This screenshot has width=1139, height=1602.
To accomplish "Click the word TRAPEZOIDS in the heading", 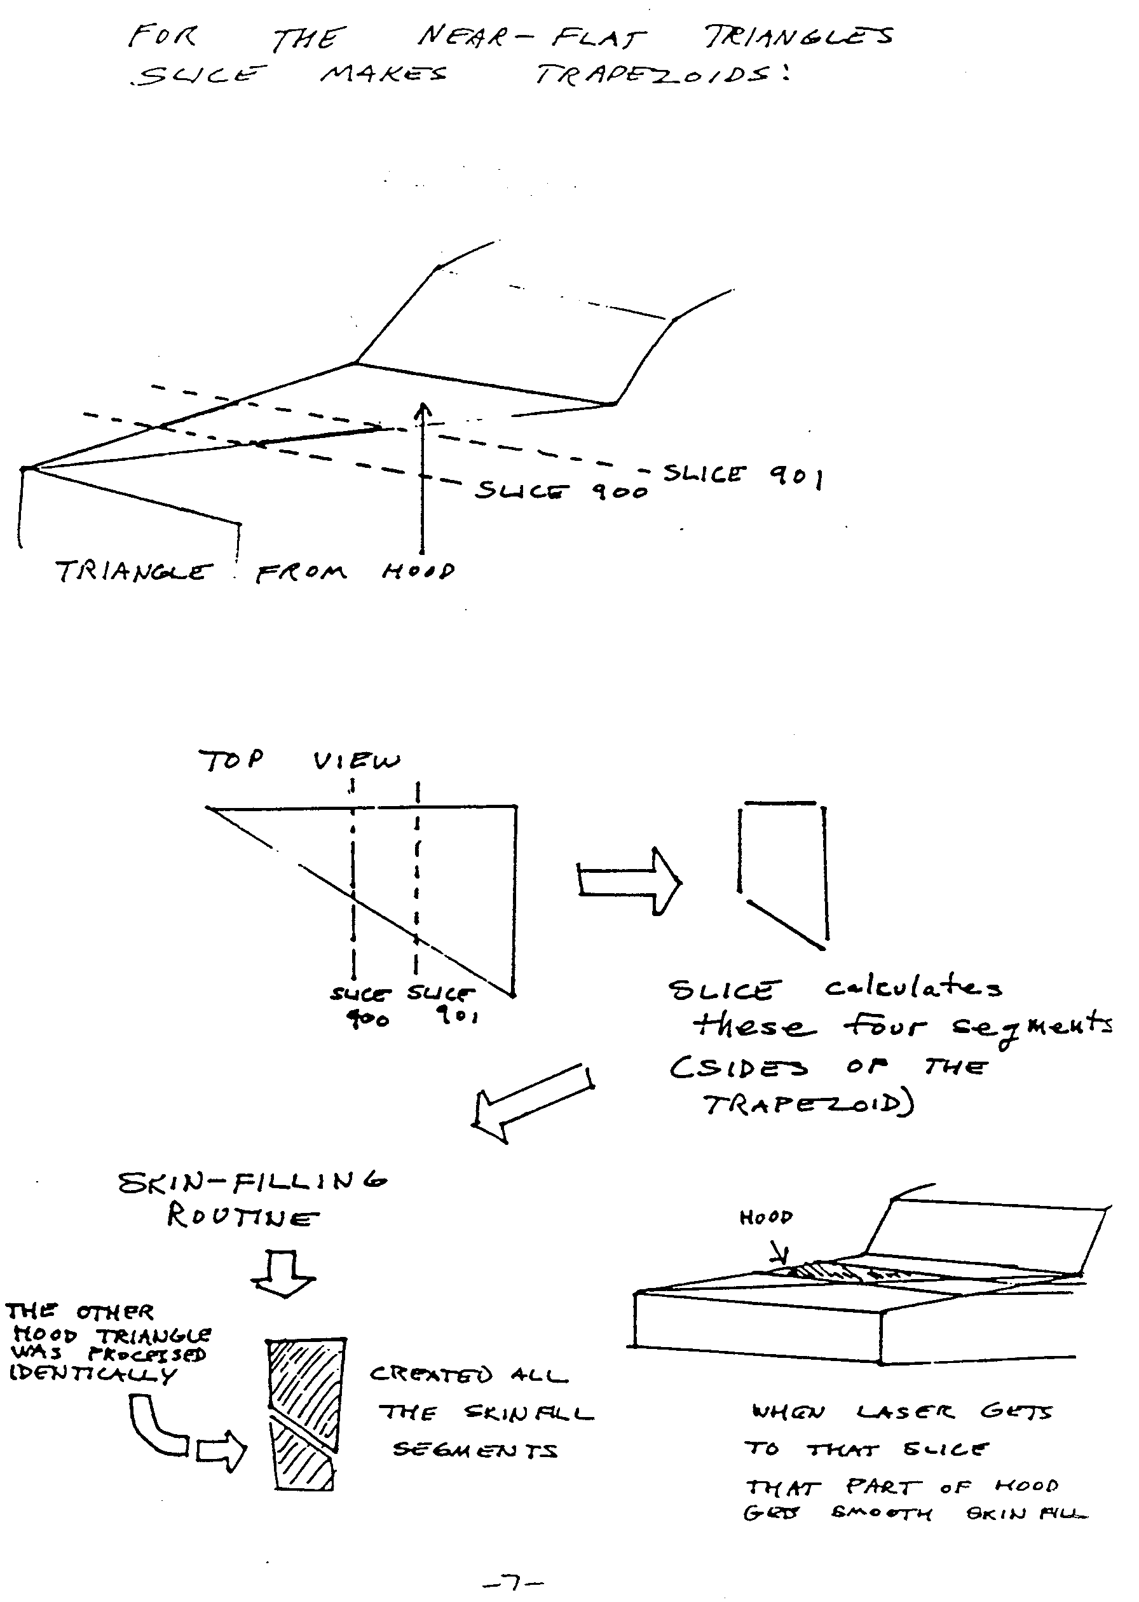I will coord(659,74).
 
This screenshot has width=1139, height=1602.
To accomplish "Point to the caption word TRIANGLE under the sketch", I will coord(133,572).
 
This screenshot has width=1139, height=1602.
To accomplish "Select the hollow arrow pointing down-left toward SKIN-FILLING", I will coord(533,1102).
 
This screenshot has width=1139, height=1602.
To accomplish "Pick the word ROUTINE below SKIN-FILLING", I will coord(243,1217).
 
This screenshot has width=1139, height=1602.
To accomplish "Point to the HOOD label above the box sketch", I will coord(765,1217).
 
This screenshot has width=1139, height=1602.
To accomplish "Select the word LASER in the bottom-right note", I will coord(904,1412).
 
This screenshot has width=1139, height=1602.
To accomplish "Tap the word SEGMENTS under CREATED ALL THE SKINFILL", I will coord(475,1450).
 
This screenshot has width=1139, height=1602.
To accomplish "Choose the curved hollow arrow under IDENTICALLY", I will coord(158,1427).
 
